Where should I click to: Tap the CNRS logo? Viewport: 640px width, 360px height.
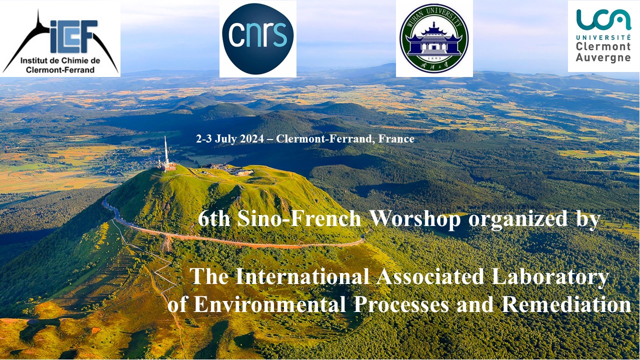(x=257, y=39)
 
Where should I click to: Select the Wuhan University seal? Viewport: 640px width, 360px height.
(x=434, y=39)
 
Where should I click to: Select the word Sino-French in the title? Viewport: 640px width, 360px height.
(x=299, y=219)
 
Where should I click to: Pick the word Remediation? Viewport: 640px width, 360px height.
(x=566, y=304)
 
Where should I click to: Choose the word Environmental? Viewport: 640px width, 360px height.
(x=269, y=304)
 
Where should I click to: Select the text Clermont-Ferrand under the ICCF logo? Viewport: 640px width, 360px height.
(x=60, y=69)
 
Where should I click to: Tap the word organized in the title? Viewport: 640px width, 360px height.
(x=518, y=219)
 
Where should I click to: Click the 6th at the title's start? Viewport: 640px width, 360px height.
(x=214, y=219)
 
